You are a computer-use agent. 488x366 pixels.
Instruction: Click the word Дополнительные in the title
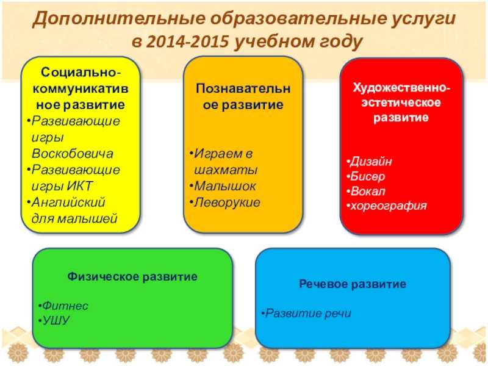click(x=119, y=18)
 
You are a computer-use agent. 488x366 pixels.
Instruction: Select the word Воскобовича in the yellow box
click(x=72, y=154)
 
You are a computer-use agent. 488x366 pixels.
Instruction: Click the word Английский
click(x=68, y=203)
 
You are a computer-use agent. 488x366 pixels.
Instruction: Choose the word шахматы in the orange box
click(x=226, y=170)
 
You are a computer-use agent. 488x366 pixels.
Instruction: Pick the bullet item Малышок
click(x=224, y=186)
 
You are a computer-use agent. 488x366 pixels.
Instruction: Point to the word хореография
click(x=389, y=206)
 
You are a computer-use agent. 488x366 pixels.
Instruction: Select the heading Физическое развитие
click(x=132, y=277)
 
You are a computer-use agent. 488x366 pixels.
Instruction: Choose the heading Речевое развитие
click(x=353, y=284)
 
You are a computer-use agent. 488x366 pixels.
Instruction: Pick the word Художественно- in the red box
click(x=401, y=88)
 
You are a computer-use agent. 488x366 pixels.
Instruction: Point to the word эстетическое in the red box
click(x=401, y=103)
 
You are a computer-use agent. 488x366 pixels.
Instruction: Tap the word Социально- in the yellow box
click(x=81, y=73)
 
